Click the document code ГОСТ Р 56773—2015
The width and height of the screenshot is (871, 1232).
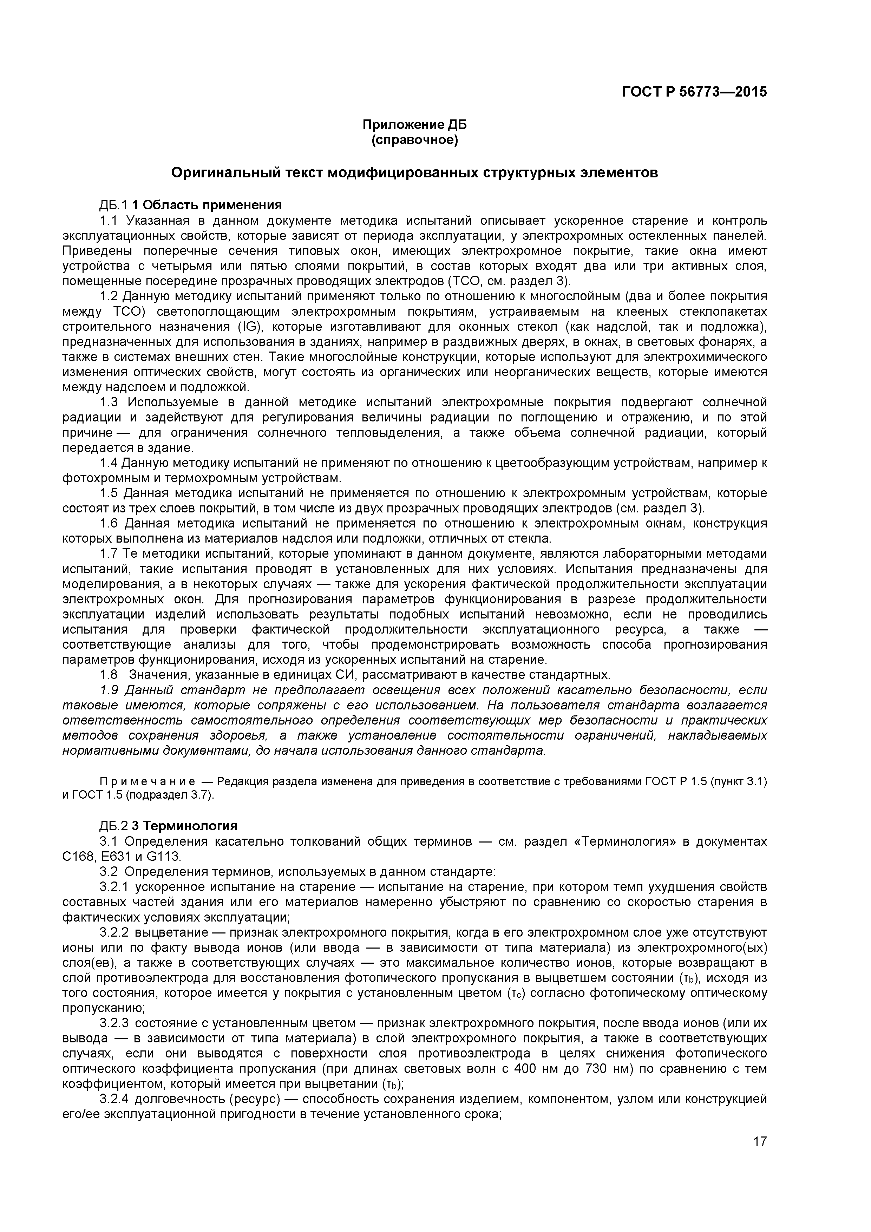pos(694,92)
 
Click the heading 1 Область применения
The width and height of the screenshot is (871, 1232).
pos(207,205)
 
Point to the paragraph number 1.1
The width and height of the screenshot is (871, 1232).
pos(109,221)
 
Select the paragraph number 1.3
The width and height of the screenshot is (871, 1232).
pos(109,402)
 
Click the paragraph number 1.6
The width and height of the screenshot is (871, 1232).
pos(109,523)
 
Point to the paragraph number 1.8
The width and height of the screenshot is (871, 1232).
pos(109,675)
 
